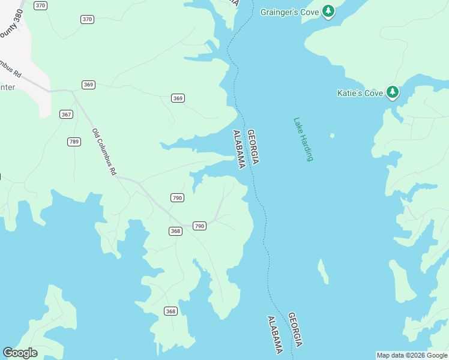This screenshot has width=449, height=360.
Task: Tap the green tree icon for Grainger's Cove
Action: click(x=328, y=11)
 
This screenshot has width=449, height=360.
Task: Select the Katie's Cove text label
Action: click(x=360, y=93)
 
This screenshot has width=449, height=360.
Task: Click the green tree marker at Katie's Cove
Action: click(x=393, y=92)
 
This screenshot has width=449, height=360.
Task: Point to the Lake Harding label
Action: click(x=303, y=139)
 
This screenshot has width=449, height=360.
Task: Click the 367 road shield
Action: click(x=66, y=114)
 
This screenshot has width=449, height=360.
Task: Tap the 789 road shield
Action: click(x=74, y=142)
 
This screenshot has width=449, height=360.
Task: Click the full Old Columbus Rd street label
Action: click(x=104, y=151)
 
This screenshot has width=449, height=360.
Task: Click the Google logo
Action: click(x=20, y=352)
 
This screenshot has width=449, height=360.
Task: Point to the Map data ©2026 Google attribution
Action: click(x=412, y=355)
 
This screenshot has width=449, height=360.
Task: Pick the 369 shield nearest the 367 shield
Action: click(x=89, y=85)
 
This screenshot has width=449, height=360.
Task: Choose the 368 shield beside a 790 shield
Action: click(x=175, y=231)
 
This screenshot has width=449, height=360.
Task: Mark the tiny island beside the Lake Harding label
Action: click(x=332, y=135)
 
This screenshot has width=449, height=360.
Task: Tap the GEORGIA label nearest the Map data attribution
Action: click(x=295, y=329)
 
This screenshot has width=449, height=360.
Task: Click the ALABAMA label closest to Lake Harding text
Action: click(x=239, y=149)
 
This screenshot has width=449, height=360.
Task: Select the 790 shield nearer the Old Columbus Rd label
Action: click(x=177, y=197)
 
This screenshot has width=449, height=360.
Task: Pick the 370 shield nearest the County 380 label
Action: click(x=41, y=5)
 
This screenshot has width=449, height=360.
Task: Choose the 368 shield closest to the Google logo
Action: click(x=170, y=311)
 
